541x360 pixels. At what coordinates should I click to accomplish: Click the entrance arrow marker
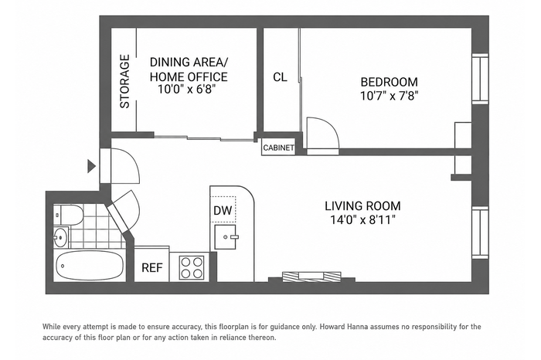[x=91, y=166]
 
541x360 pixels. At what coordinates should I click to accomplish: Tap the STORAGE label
[x=124, y=81]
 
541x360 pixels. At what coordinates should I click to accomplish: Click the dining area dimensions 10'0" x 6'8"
[x=187, y=90]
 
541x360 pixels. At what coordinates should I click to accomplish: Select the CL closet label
[x=280, y=77]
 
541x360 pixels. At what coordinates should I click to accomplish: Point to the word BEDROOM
[x=390, y=82]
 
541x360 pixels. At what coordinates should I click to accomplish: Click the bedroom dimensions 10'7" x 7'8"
[x=390, y=96]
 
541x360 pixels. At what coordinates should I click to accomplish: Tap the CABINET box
[x=278, y=148]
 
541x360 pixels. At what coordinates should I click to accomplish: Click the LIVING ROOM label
[x=362, y=206]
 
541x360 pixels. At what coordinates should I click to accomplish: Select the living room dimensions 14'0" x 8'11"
[x=362, y=219]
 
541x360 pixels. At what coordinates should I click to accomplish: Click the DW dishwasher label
[x=223, y=210]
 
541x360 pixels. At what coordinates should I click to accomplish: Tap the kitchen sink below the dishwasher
[x=226, y=237]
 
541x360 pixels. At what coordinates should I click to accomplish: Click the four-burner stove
[x=192, y=268]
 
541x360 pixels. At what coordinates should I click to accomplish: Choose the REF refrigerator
[x=151, y=264]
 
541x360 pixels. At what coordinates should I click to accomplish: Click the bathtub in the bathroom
[x=89, y=267]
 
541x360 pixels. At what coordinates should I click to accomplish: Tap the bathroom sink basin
[x=61, y=237]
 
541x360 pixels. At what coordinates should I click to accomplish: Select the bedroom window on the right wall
[x=480, y=79]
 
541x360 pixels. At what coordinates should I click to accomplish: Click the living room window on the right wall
[x=480, y=233]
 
